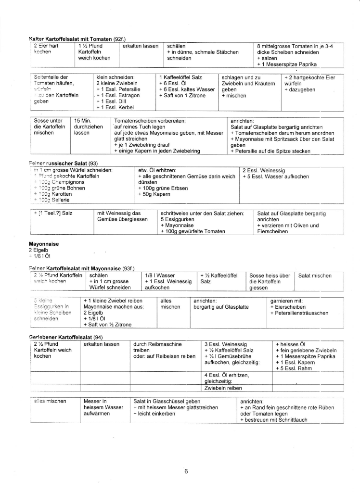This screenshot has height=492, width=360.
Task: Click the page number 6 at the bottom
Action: click(x=186, y=471)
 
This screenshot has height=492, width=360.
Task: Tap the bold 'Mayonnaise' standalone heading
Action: click(x=44, y=244)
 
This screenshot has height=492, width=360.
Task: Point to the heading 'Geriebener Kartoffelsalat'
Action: click(x=61, y=337)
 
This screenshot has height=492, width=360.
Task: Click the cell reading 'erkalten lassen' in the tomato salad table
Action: click(x=141, y=46)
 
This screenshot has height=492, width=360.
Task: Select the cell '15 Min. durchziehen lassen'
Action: click(x=87, y=126)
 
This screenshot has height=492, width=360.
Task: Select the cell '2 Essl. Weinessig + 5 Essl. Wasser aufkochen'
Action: click(x=275, y=173)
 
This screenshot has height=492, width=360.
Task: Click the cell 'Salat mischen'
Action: click(x=315, y=276)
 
